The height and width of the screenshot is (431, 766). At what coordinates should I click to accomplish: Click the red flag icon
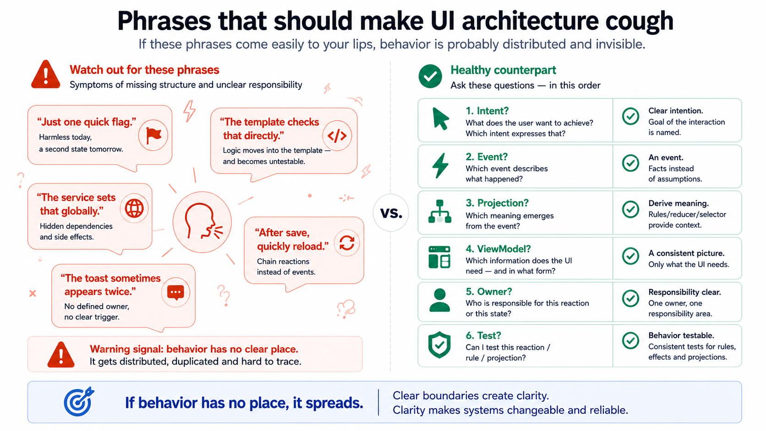pos(153,136)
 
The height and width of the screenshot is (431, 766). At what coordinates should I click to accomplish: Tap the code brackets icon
pos(337,136)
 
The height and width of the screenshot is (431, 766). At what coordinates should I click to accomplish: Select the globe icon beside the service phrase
pos(134,208)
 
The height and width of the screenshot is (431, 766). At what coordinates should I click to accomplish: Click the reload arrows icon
pos(347,243)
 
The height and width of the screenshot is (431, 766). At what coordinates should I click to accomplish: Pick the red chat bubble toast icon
pos(176,293)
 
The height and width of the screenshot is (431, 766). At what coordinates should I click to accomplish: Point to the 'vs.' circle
pos(391,213)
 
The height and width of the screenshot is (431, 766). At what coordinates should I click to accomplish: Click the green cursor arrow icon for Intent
pos(440,119)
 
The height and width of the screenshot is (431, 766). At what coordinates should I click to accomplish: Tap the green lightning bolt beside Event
pos(440,166)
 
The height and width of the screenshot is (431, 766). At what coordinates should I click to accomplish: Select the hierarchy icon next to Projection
pos(440,212)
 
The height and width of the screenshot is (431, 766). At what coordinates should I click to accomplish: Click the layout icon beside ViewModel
pos(439,257)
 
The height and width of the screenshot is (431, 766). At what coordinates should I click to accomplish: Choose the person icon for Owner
pos(439,300)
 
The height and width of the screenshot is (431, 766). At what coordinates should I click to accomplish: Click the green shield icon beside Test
pos(439,345)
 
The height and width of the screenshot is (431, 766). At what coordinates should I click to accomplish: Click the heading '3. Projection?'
pos(497,203)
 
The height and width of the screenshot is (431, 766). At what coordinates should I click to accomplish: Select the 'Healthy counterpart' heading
pos(503,70)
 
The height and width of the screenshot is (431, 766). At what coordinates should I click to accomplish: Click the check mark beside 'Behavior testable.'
pos(630,341)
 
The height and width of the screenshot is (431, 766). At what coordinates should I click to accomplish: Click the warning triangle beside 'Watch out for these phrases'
pos(46,75)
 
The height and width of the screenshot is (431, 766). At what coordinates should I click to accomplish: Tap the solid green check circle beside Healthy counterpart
pos(430,76)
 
